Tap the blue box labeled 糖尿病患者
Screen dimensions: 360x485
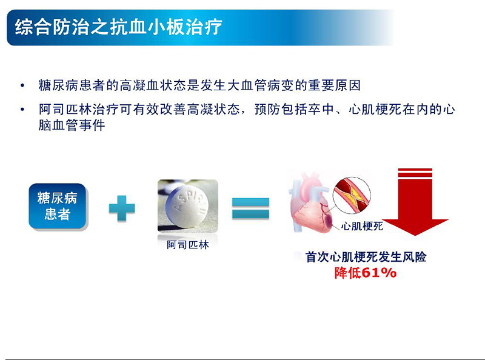tap(58, 206)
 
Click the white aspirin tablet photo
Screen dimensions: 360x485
tap(188, 205)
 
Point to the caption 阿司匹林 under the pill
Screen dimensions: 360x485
tap(188, 245)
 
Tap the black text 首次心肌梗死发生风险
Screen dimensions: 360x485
tap(366, 257)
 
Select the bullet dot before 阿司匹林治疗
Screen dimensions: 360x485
tap(22, 110)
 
